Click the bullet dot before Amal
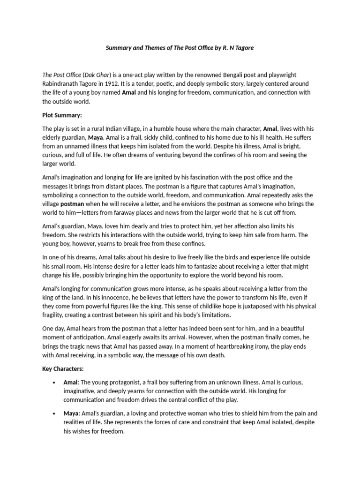coord(55,382)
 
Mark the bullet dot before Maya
coord(55,413)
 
